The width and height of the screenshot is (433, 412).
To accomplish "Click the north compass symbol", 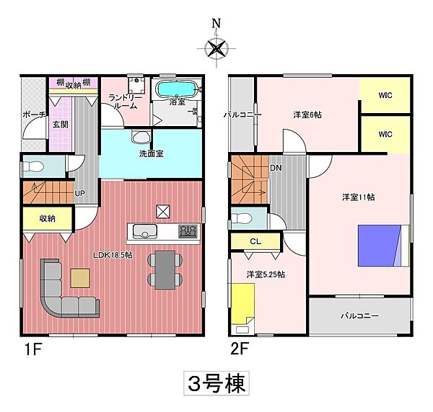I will point(216,49).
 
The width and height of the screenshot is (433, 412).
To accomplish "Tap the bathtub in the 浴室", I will point(176,89).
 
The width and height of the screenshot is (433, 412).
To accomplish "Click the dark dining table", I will point(165,270).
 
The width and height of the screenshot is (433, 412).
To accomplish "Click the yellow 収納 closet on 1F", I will point(48,218).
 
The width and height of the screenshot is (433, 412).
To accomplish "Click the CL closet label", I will point(255,242).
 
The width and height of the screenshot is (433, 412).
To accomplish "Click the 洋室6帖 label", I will point(307,115).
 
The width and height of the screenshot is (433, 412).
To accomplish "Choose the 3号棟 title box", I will point(216,382).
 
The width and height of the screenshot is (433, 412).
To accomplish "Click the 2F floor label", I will point(240,353).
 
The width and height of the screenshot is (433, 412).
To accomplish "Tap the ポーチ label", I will point(34,115).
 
